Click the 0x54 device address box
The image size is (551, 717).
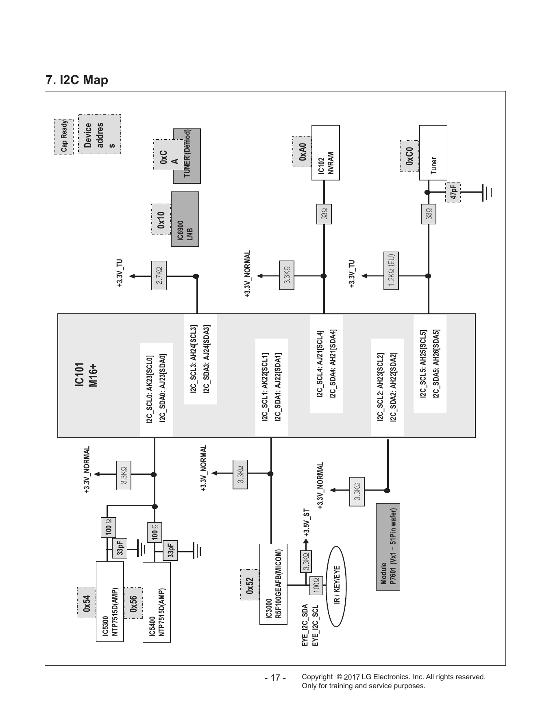tap(86, 603)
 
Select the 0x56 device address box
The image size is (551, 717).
tap(133, 603)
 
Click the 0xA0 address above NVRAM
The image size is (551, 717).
tap(302, 151)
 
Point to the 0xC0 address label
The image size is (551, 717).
tap(409, 156)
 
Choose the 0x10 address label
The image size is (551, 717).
tap(161, 219)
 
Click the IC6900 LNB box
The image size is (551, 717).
tap(185, 219)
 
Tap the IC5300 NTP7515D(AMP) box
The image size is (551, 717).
tap(110, 602)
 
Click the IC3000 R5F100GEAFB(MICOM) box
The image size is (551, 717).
tap(273, 584)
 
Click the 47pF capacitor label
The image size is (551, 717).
tap(453, 192)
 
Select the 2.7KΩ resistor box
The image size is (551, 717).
tap(159, 276)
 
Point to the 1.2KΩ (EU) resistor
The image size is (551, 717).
tap(391, 271)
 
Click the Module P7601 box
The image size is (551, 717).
tap(388, 547)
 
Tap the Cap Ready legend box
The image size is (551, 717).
tap(63, 137)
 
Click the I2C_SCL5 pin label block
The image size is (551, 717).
tap(430, 364)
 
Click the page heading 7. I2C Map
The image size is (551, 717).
tap(77, 80)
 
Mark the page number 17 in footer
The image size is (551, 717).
tap(275, 678)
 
